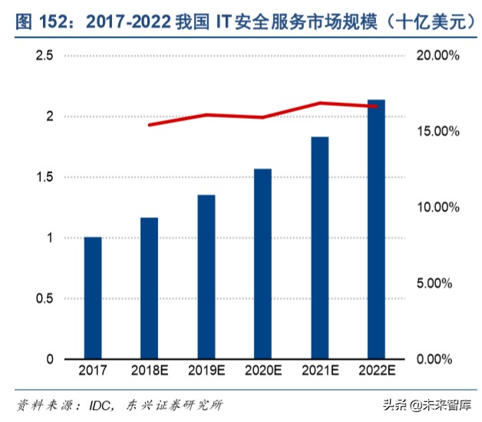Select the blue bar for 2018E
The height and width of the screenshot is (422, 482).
[x=149, y=288]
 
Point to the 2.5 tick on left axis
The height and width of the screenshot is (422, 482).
[x=44, y=56]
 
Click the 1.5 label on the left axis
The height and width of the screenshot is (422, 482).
[x=44, y=177]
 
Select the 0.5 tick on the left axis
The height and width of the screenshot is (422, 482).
[x=44, y=298]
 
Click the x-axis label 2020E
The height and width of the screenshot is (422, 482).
[x=262, y=371]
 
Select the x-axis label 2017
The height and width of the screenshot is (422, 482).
[x=93, y=371]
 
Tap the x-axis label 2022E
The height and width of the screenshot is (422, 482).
[x=376, y=371]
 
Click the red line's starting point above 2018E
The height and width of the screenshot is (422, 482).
[x=150, y=124]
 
